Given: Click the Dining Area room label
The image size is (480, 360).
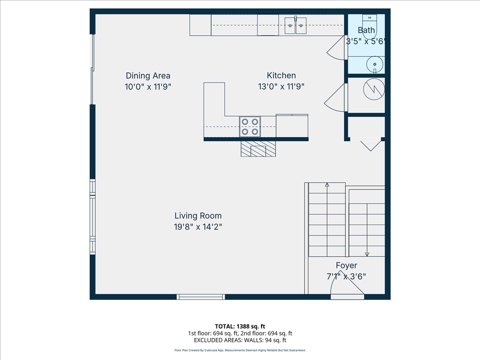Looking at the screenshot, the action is [148, 76].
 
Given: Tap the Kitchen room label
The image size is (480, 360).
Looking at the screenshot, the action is [281, 76].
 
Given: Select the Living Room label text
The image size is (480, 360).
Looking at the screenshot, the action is [198, 216].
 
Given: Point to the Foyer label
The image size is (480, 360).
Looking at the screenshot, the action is [346, 265].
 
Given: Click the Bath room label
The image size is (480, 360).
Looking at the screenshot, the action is [366, 30].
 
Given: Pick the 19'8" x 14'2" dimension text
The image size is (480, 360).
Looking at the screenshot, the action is [198, 227].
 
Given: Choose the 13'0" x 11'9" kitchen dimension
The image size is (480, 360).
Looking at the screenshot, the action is [281, 87].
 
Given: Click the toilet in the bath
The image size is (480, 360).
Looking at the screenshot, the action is [370, 27].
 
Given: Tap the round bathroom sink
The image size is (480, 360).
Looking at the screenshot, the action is [375, 64].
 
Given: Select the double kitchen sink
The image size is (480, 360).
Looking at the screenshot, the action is [296, 26].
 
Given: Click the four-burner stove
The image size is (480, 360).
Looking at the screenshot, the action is [250, 127].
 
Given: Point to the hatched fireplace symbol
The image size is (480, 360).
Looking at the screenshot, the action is [258, 149].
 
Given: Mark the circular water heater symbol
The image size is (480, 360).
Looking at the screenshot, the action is [374, 89].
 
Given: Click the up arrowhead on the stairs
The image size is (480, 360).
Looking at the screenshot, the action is [327, 185].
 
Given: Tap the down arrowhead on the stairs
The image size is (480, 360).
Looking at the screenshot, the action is [367, 254].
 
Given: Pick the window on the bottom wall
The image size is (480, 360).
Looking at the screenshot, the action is [201, 297].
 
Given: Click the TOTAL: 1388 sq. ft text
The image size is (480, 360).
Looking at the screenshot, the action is [240, 326].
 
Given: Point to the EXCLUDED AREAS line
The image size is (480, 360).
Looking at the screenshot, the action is [240, 340].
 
